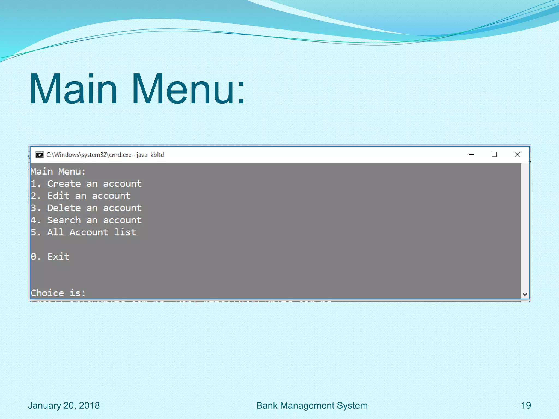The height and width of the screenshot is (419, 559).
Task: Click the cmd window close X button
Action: [517, 155]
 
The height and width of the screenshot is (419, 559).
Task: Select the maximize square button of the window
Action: [494, 155]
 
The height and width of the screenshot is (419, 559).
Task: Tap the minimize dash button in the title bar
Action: [471, 155]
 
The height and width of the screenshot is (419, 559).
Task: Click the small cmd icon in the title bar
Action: [40, 155]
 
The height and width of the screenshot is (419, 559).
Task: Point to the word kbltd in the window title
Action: [157, 155]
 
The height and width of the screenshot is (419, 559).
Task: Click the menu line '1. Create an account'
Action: [86, 184]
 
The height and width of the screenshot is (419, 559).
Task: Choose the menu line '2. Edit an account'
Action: [81, 196]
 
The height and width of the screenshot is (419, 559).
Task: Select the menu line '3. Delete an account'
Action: [86, 208]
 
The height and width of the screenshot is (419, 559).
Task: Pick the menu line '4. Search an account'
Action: [86, 220]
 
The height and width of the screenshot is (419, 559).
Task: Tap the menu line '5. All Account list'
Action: [84, 232]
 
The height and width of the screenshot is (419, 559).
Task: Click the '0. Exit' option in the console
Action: [50, 256]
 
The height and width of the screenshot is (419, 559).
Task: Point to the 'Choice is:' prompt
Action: [58, 293]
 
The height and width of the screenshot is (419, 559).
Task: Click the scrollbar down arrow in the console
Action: [525, 295]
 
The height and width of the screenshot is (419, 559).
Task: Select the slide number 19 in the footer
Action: [526, 406]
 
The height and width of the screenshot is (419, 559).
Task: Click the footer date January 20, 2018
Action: [64, 406]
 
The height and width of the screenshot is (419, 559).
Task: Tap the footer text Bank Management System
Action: [312, 406]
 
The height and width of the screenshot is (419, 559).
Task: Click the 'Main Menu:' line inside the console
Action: [58, 172]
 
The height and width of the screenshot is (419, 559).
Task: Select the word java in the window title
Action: [142, 155]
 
